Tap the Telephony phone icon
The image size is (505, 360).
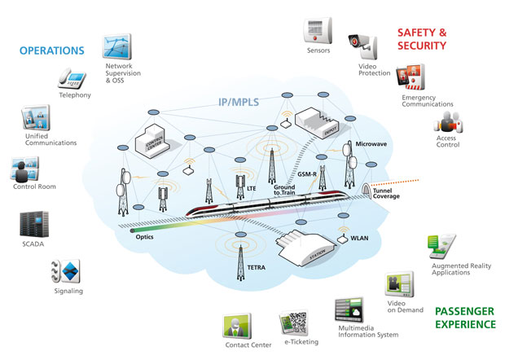point(72,79)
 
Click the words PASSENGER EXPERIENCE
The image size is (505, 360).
point(464,318)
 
